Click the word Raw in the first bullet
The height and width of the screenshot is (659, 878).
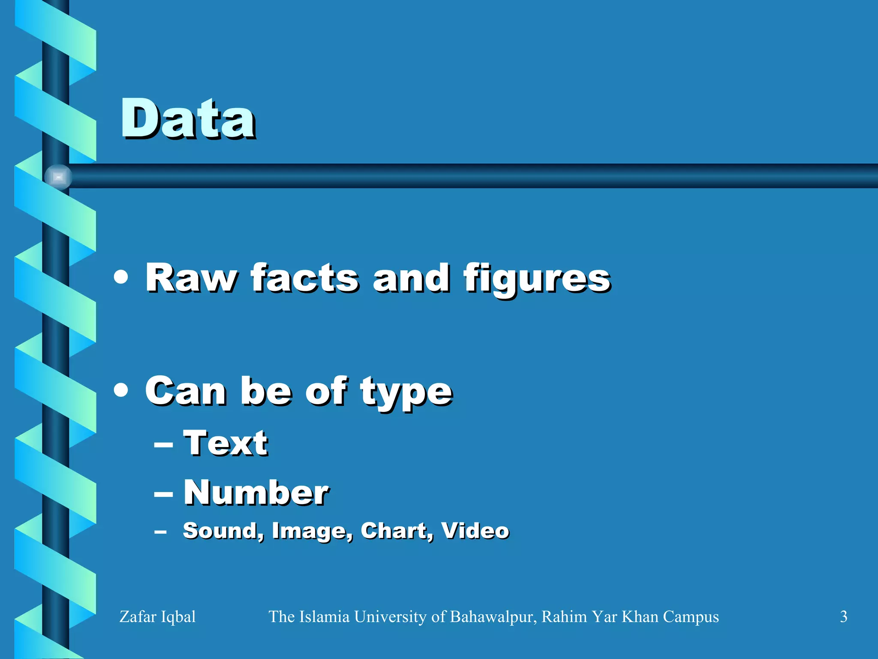[190, 278]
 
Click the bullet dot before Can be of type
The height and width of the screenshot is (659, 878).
[121, 390]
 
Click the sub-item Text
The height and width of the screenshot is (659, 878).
[226, 443]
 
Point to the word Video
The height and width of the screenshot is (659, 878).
[475, 531]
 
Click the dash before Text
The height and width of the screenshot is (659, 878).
[163, 445]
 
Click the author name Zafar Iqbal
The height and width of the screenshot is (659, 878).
[157, 617]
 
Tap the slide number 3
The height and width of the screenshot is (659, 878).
[843, 617]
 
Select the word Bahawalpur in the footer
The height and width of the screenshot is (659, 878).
[493, 617]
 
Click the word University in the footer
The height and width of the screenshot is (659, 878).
[391, 617]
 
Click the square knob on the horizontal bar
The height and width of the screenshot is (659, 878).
[58, 177]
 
